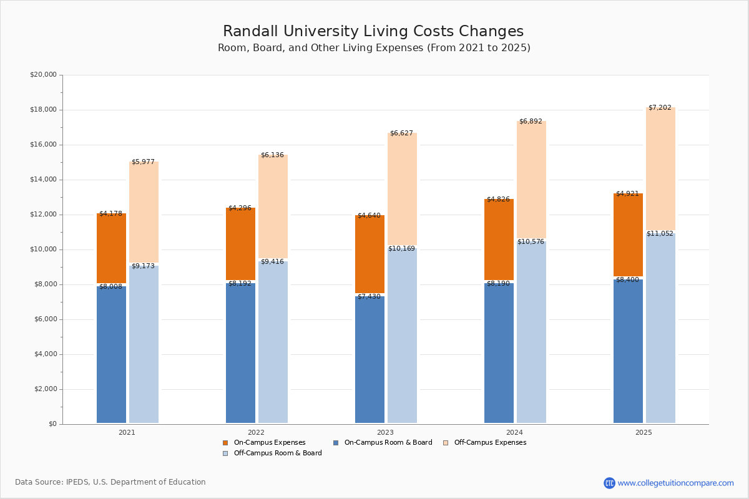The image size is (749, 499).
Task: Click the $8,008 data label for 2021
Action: tap(110, 287)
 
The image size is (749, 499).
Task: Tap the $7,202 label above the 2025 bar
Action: tap(660, 108)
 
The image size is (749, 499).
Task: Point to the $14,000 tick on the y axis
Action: tap(43, 180)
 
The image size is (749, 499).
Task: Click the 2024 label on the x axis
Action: tap(514, 432)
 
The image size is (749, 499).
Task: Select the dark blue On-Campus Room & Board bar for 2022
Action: tap(240, 352)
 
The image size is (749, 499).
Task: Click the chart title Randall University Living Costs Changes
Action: tap(373, 32)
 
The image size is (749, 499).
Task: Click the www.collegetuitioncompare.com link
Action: tap(675, 483)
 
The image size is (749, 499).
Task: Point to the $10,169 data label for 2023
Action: tap(401, 249)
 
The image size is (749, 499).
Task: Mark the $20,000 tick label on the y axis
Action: tap(43, 75)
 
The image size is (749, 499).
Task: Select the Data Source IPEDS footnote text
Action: tap(110, 482)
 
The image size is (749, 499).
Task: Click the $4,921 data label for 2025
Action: tap(627, 194)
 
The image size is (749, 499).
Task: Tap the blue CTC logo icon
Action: tap(609, 483)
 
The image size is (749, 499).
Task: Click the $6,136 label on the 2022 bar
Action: tap(272, 155)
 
